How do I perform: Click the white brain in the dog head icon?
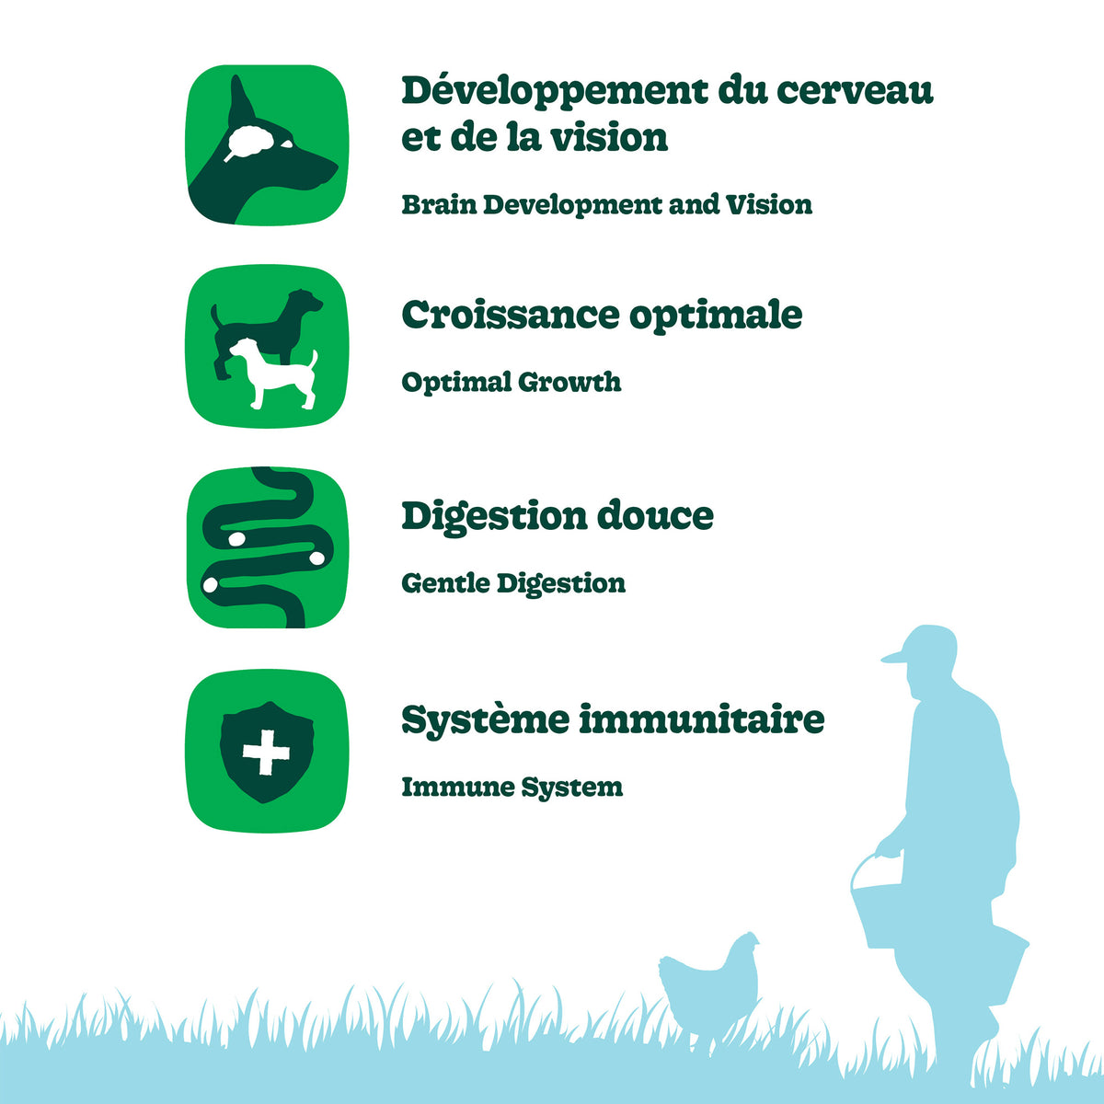(x=250, y=142)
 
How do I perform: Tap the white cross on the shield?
(x=266, y=753)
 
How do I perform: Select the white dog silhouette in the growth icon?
(x=274, y=373)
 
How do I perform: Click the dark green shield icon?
(x=267, y=752)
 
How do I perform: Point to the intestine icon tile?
(x=267, y=548)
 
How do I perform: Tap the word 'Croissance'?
(x=511, y=315)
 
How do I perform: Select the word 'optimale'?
(x=716, y=316)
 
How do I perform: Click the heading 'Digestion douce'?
(x=558, y=517)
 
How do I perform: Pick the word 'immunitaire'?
(x=701, y=719)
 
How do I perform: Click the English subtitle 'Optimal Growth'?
(x=511, y=383)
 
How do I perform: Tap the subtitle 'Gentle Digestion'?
(x=513, y=584)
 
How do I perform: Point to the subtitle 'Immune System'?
(x=512, y=788)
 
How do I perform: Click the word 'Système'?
(x=485, y=720)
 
